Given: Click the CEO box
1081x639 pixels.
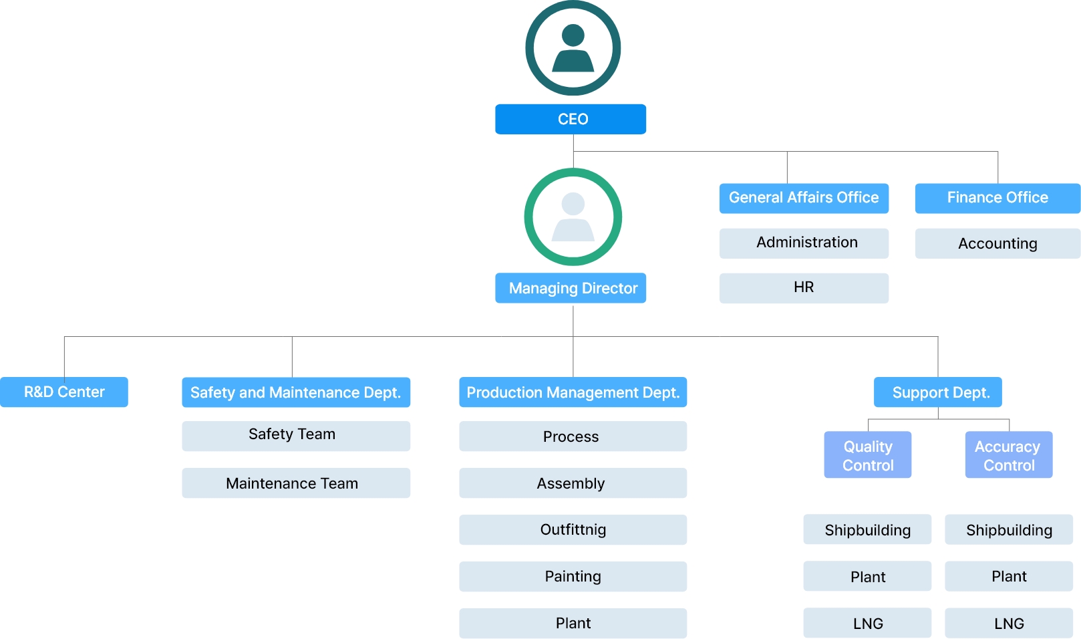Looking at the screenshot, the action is [571, 119].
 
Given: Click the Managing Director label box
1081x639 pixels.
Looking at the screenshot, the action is [571, 288].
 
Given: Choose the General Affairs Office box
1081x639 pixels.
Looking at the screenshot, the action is [804, 198].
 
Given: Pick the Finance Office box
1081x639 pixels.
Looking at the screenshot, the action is [997, 198].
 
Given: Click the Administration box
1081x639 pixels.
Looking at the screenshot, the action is [804, 243].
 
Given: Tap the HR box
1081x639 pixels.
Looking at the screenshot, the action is [804, 288].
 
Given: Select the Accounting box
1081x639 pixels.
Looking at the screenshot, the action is [997, 243].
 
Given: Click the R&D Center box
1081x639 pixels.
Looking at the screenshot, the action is [64, 392].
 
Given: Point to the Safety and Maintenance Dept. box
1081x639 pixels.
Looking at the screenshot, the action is [296, 392].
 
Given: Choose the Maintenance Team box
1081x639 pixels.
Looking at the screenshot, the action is [296, 483].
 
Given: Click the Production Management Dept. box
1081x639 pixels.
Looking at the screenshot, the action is [573, 392].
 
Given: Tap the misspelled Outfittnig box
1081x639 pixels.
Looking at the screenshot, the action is [573, 529].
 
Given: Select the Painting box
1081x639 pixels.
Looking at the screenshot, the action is [573, 576].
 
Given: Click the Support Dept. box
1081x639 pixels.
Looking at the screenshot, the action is [937, 392].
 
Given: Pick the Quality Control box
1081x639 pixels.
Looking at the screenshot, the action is [868, 455].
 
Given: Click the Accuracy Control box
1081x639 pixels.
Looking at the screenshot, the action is [1009, 455].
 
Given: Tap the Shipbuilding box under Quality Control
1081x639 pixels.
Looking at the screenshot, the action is [867, 529].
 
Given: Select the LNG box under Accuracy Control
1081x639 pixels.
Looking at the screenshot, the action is [1009, 622].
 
